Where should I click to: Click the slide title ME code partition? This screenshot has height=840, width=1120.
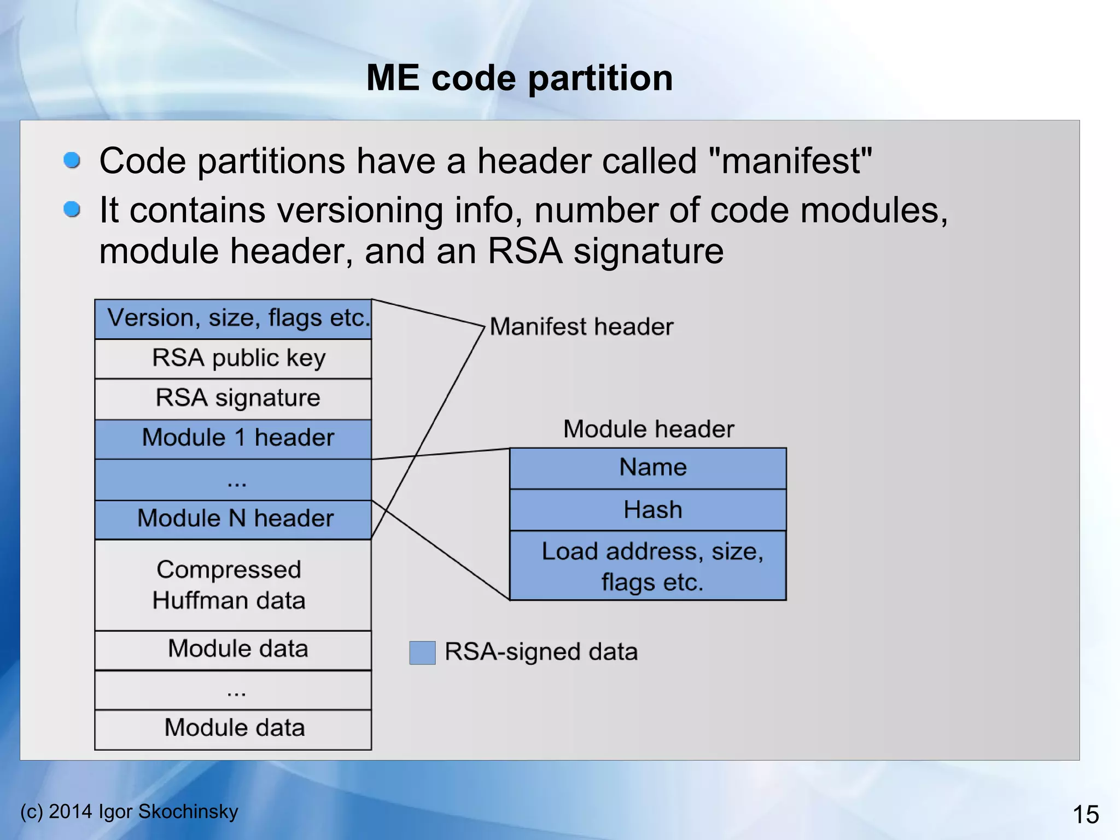[520, 78]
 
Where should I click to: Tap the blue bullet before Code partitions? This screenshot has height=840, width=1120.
[72, 160]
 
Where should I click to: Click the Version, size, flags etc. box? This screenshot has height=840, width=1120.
[233, 319]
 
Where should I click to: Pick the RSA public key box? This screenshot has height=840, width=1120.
[233, 358]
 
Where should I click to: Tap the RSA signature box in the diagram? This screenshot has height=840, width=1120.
[233, 398]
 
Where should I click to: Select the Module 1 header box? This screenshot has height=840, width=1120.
[233, 438]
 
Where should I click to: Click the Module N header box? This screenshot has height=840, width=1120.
[233, 519]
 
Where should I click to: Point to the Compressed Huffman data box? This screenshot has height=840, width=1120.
[233, 585]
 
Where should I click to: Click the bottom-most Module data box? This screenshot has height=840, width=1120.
[233, 729]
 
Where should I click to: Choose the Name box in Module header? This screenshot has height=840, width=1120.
[648, 468]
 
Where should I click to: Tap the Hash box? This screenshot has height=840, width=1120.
[648, 509]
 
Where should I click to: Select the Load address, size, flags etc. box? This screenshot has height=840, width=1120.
[648, 566]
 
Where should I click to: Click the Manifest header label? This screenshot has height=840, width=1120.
[581, 327]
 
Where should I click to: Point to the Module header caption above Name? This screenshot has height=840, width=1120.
[648, 428]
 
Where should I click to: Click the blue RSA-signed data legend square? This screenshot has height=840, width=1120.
[422, 652]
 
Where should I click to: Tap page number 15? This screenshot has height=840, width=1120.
[1085, 814]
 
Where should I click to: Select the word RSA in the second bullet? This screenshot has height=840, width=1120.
[524, 251]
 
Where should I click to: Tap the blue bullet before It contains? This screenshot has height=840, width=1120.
[72, 210]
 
